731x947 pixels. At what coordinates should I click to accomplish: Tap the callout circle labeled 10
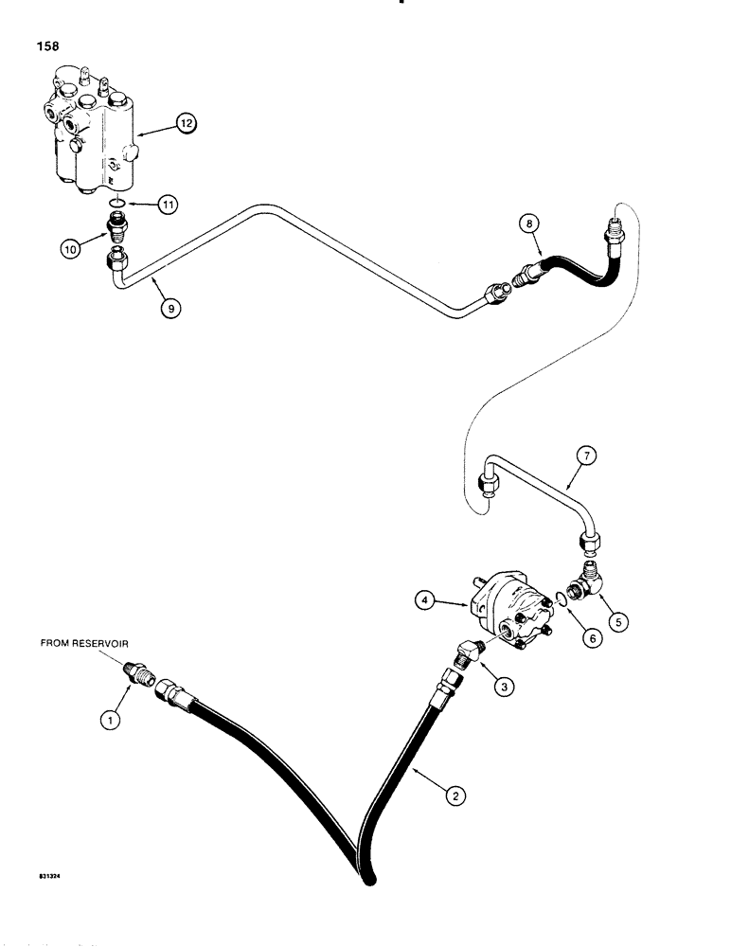(x=72, y=248)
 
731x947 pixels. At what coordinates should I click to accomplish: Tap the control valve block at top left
(x=90, y=133)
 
